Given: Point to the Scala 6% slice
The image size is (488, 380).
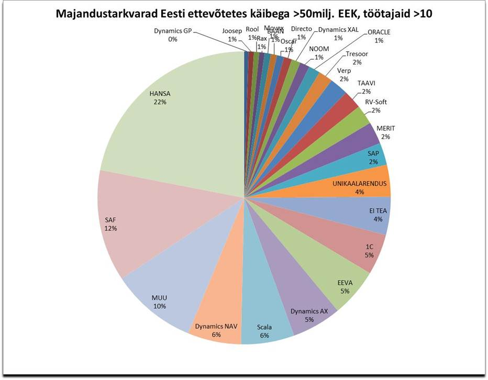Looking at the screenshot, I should tap(264, 325).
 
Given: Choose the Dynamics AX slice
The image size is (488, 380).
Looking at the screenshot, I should tap(306, 306).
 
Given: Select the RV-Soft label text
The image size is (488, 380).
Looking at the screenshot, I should tap(375, 102).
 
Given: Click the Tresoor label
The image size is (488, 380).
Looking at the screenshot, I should tap(357, 54).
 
